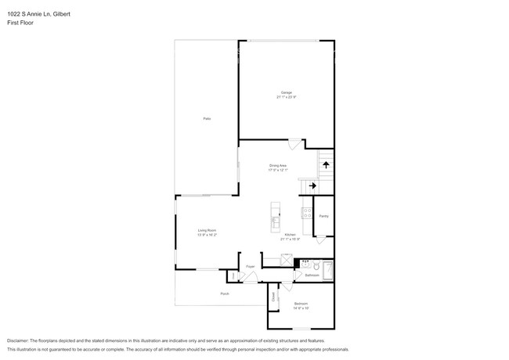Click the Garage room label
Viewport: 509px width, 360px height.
coord(287,92)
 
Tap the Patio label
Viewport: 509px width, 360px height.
coord(207,118)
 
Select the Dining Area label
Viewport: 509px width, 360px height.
coord(278,166)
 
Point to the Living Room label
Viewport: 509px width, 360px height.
coord(207,230)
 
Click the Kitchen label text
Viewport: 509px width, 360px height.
coord(290,235)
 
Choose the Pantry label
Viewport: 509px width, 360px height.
coord(323,216)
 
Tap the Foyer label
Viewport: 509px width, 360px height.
coord(251,267)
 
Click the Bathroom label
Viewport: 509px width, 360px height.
coord(311,275)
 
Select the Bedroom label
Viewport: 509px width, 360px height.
coord(301,303)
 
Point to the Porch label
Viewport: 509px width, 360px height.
coord(224,293)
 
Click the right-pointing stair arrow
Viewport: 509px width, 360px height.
coord(312,186)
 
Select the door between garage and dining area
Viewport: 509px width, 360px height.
coord(293,144)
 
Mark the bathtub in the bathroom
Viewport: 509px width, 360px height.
coord(329,271)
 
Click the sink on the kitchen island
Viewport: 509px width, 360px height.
coord(275,222)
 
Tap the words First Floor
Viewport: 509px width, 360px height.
coord(20,23)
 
